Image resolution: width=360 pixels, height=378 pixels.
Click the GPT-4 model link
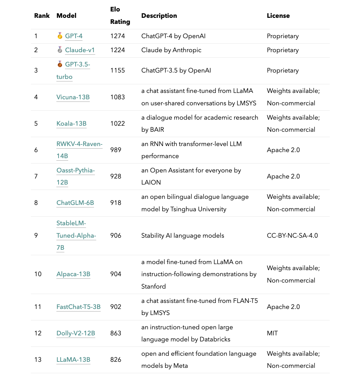coord(74,36)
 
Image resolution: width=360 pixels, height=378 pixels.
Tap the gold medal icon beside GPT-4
coord(60,36)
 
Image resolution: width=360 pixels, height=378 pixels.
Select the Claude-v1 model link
coord(80,50)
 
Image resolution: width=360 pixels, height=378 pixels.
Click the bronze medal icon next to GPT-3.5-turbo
coord(60,64)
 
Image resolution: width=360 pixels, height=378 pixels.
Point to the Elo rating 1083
coord(118,97)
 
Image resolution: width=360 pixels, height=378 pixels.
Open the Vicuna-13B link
coord(73,97)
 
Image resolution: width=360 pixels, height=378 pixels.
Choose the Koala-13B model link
coord(71,123)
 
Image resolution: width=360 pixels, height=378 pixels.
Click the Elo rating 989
coord(116,150)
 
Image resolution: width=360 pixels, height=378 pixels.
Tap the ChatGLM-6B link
coord(75,203)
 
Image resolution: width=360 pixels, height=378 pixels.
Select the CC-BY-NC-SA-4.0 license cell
coord(292,235)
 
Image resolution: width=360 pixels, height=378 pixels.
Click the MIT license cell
coord(272,333)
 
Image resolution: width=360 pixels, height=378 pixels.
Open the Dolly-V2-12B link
coord(76,333)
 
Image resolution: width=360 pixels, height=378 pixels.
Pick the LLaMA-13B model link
coord(73,360)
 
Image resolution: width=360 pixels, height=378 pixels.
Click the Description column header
coord(159,16)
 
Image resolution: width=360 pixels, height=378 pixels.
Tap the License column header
coord(278,16)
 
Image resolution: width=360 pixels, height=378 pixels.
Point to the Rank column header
coord(42,16)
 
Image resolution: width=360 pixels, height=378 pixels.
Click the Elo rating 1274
coord(118,36)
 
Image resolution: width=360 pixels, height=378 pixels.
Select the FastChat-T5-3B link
coord(78,307)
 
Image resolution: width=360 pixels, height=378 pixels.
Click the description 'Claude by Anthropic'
coord(171,50)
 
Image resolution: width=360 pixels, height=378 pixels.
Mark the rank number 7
coord(36,176)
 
